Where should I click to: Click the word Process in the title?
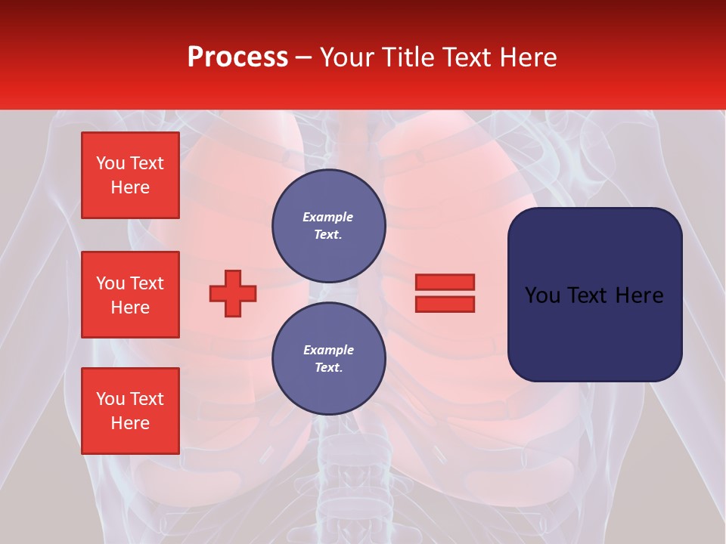[237, 57]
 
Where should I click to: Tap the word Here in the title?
[529, 57]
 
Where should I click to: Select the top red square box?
[130, 175]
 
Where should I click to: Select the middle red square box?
[130, 295]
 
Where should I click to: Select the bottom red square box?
[130, 411]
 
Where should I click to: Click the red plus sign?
[233, 293]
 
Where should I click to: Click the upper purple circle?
[329, 226]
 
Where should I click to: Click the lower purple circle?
[329, 359]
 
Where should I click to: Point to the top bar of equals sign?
[445, 282]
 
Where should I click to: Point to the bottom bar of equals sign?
[445, 304]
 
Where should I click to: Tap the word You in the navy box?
[543, 295]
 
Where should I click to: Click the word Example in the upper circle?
[328, 217]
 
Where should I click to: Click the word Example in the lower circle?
[328, 350]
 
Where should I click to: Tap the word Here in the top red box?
[130, 187]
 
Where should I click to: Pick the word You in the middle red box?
[110, 283]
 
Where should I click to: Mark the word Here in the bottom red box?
[130, 423]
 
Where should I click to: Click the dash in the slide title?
[303, 57]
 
